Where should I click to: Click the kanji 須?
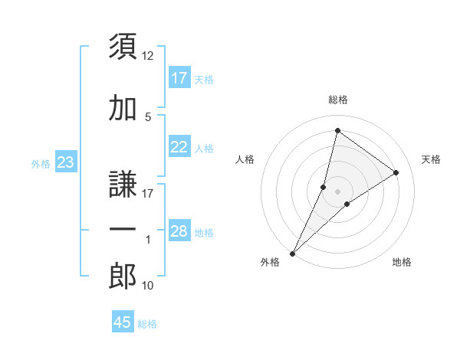coord(123,47)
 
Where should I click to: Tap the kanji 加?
coord(123,108)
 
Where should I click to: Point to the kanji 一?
coord(123,231)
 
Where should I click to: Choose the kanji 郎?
coord(123,277)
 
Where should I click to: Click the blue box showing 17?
coord(179,78)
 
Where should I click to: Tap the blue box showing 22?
coord(179,147)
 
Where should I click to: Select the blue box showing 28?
coord(179,231)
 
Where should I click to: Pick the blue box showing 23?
coord(65,162)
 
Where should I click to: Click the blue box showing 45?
coord(123,322)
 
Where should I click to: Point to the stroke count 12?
coord(148,56)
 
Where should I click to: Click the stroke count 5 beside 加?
coord(148,116)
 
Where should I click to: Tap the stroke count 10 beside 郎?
coord(148,286)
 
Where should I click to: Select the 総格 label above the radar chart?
coord(338,100)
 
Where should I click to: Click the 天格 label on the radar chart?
coord(432,159)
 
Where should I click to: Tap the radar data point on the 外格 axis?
coord(293,253)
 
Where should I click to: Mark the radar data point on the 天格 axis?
coord(396,172)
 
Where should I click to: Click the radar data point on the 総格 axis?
coord(337,129)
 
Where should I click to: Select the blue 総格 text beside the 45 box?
coord(147,324)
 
